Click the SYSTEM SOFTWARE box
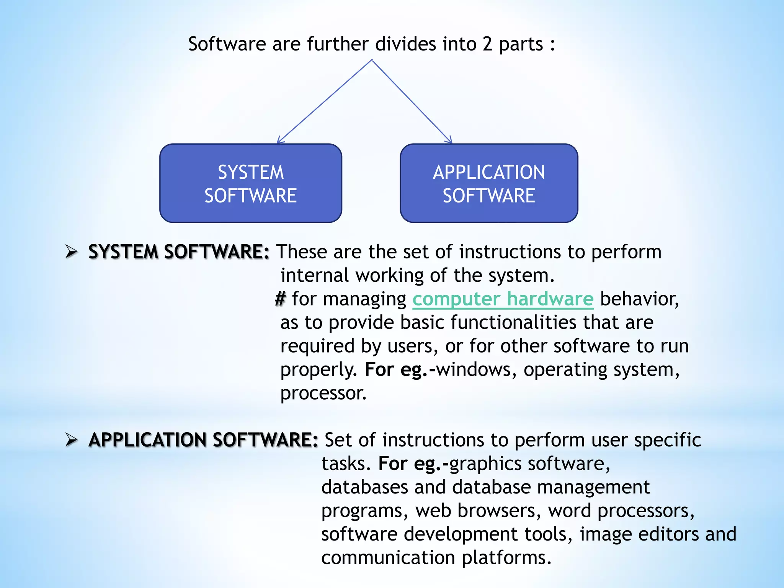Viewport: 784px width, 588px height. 251,183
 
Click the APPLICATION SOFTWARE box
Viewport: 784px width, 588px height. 489,183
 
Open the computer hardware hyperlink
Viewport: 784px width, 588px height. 503,299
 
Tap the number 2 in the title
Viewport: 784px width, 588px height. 487,44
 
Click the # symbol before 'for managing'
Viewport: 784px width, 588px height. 280,299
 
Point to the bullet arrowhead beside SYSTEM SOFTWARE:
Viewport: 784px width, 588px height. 71,252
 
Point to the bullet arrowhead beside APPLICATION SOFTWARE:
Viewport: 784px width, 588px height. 71,439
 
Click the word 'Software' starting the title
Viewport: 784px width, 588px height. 227,44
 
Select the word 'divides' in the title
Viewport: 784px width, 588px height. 405,44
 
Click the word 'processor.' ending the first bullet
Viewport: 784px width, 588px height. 323,393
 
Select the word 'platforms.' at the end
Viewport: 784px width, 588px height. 506,558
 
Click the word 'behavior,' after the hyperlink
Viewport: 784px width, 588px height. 639,299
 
